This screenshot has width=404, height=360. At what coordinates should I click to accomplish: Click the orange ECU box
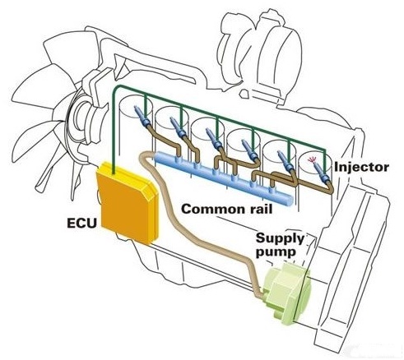[x=127, y=203]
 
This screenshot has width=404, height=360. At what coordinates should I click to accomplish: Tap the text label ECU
[x=82, y=224]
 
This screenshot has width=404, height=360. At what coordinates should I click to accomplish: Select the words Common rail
[x=227, y=210]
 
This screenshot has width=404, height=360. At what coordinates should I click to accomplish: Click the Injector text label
[x=361, y=167]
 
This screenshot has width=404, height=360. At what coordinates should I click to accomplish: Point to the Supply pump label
[x=280, y=245]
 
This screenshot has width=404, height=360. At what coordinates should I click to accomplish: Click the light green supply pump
[x=286, y=293]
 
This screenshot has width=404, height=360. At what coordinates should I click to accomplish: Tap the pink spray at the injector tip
[x=311, y=160]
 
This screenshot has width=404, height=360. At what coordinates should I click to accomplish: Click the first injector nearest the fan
[x=142, y=116]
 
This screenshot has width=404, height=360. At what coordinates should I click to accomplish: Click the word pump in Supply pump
[x=276, y=252]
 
